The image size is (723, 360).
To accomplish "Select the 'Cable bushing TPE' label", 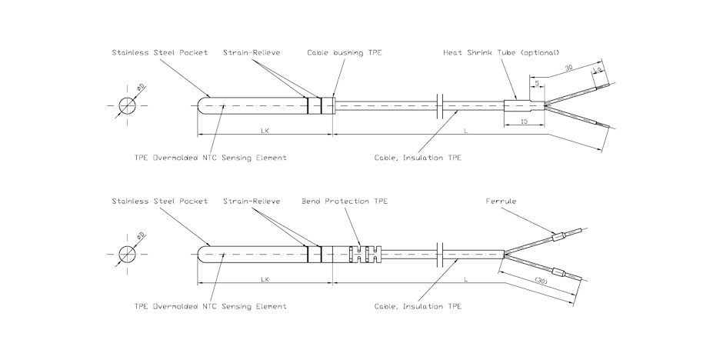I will click(345, 53).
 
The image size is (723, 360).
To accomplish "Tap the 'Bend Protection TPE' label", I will click(345, 202).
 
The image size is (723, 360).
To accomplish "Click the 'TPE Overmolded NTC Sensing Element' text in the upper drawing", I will click(210, 157).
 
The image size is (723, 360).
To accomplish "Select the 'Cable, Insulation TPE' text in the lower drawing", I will click(418, 306).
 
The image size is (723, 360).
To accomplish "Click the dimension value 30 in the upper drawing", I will click(568, 68).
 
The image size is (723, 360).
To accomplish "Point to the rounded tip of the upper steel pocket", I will click(202, 105).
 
